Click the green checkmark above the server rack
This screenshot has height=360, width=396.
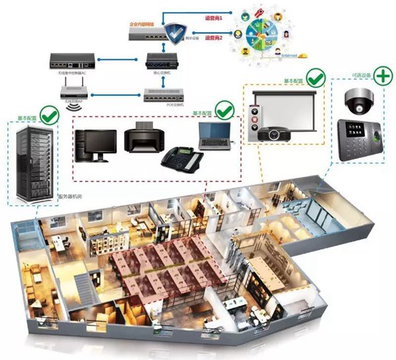coord(49,116)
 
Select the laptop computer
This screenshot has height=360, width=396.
coord(215,136)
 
